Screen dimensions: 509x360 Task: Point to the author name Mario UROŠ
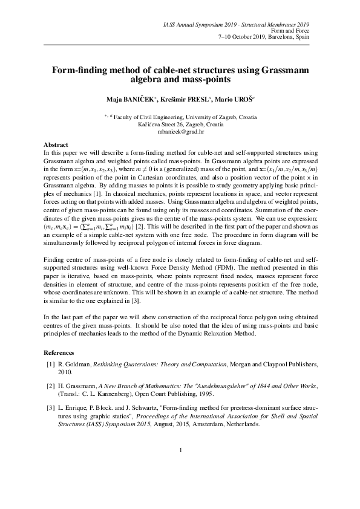(x=236, y=98)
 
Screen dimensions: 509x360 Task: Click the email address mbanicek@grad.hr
(x=180, y=131)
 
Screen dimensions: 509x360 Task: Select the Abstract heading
(x=56, y=146)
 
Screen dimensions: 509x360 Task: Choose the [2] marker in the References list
(x=51, y=385)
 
